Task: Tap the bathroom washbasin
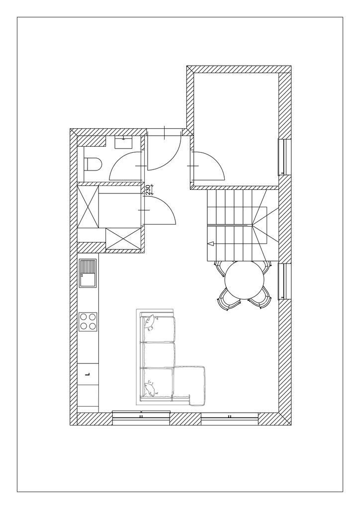point(124,142)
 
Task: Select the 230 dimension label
point(148,189)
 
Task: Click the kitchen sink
point(88,273)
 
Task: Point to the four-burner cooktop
point(88,322)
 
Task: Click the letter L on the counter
point(87,374)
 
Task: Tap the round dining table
point(245,280)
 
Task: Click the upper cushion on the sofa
point(150,321)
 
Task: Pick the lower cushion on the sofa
point(150,389)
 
